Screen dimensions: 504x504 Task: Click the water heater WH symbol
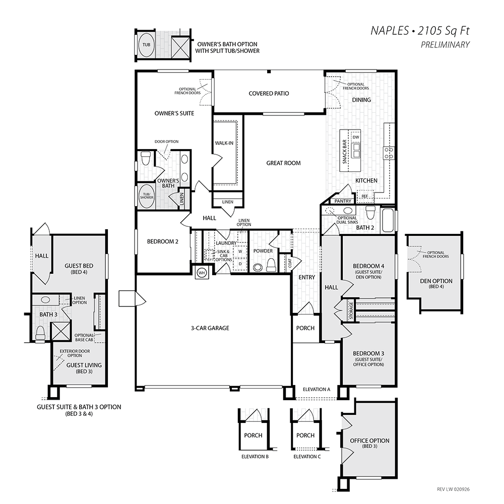click(202, 273)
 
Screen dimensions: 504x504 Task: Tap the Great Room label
click(283, 163)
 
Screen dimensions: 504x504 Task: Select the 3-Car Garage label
click(210, 328)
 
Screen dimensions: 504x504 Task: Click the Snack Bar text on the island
click(345, 151)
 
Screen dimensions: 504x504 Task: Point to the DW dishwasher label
click(356, 137)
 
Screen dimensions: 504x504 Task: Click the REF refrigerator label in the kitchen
click(365, 196)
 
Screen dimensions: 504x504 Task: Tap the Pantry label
click(343, 201)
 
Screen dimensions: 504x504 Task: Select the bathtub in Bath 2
click(387, 220)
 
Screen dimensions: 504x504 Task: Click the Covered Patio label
click(269, 94)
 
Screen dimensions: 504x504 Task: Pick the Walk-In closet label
click(224, 143)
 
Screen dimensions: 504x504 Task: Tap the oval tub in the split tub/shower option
click(146, 45)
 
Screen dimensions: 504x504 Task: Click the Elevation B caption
click(255, 457)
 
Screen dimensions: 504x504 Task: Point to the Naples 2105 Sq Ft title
click(420, 31)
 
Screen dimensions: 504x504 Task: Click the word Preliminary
click(445, 45)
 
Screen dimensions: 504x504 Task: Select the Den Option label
click(436, 281)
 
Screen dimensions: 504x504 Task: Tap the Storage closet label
click(351, 310)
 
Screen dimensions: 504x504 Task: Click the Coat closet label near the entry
click(289, 263)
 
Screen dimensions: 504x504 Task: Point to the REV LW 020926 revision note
click(453, 489)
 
